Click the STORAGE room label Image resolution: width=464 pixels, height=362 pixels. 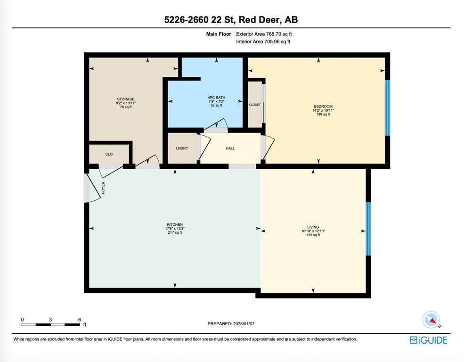point(126,99)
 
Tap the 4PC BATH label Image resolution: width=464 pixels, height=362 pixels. point(216,98)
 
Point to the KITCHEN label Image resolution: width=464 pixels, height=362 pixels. point(175,225)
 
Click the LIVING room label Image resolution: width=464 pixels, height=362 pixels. point(313,227)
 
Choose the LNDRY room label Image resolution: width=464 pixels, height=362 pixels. point(182,148)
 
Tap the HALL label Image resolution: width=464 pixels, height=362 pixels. point(230,148)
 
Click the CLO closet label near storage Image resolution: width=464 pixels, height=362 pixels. point(109,154)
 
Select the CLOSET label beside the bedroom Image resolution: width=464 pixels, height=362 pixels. point(255,105)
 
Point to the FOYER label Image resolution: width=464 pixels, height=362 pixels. point(103,188)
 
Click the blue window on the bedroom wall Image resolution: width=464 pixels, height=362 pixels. point(387,108)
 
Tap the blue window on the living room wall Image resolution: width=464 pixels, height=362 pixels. point(368,229)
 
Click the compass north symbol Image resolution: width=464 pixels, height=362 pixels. point(431,320)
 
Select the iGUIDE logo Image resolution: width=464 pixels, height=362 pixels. point(429,340)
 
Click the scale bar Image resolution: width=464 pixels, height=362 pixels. point(50,324)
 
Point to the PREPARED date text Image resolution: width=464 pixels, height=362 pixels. point(231,324)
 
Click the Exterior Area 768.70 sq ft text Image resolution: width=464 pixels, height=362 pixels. point(264,34)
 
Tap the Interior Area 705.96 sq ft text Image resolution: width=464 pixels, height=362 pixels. point(263,42)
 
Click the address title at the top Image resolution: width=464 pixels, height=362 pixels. point(231,19)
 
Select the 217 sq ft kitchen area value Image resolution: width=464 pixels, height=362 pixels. point(175,233)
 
